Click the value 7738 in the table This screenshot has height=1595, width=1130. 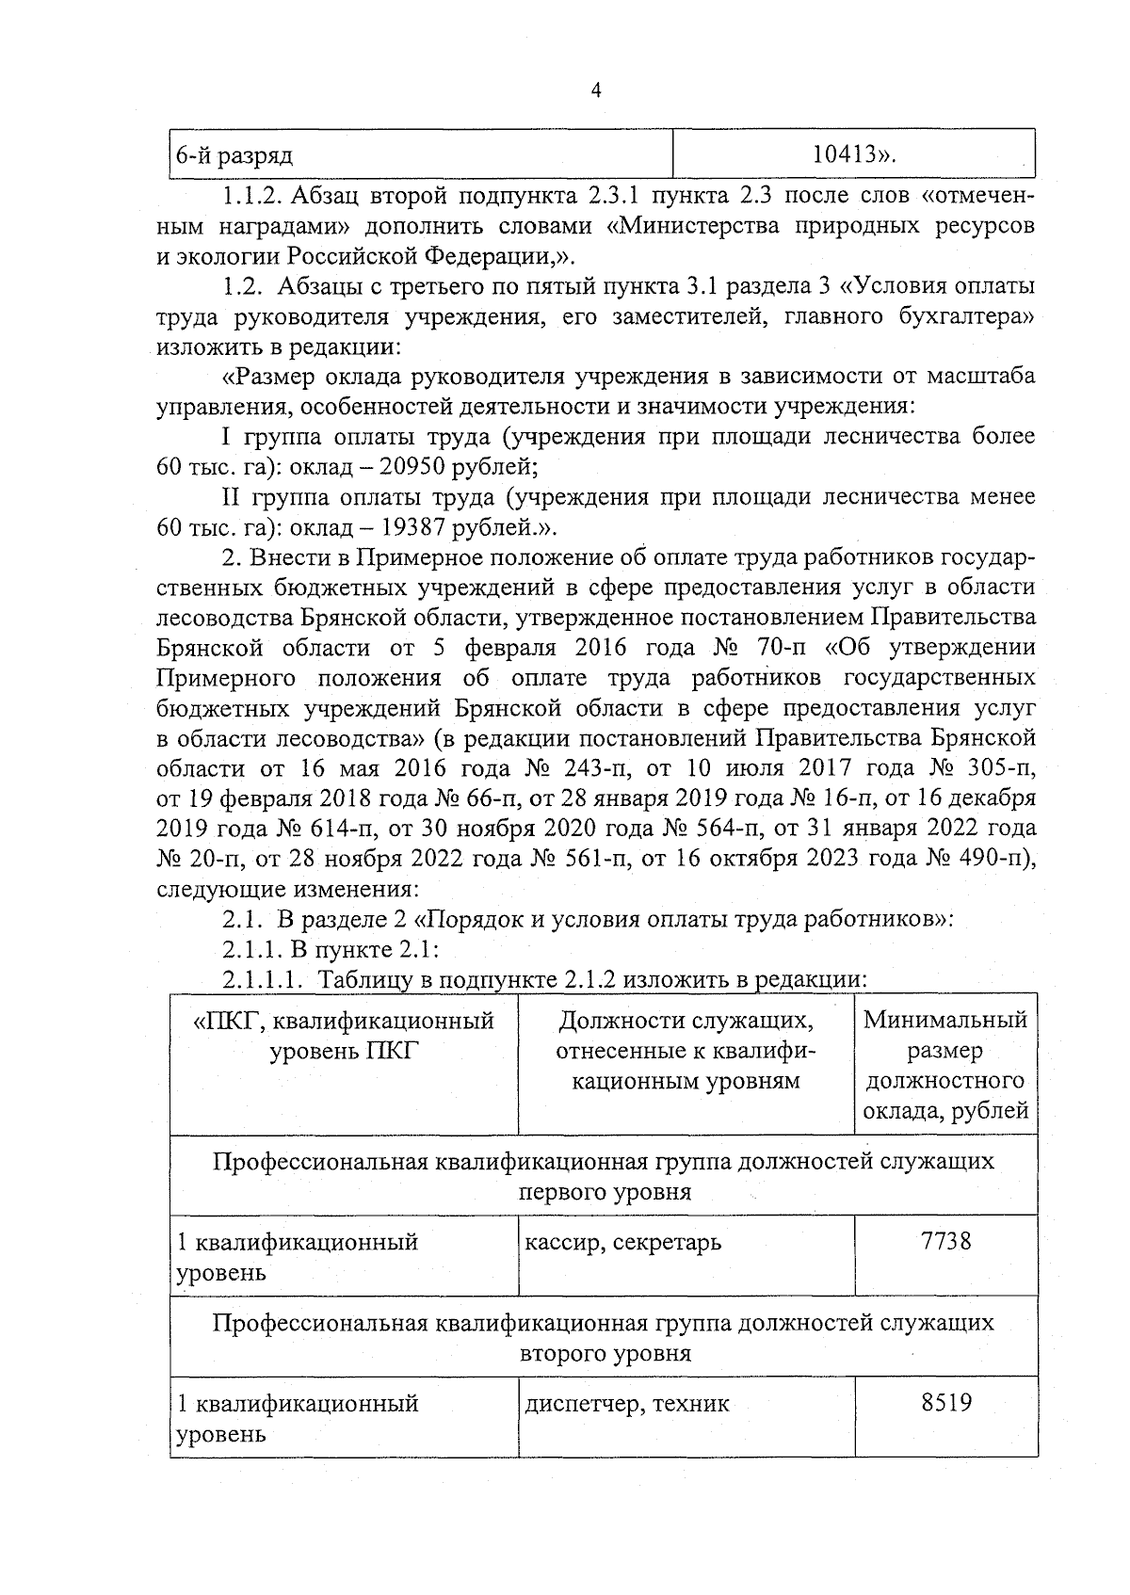[x=945, y=1240]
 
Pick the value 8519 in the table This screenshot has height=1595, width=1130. [x=945, y=1402]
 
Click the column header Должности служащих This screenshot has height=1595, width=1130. [x=686, y=1020]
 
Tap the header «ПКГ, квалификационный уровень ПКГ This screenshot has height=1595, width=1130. [x=343, y=1035]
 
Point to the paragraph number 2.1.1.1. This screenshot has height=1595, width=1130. [x=263, y=979]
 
